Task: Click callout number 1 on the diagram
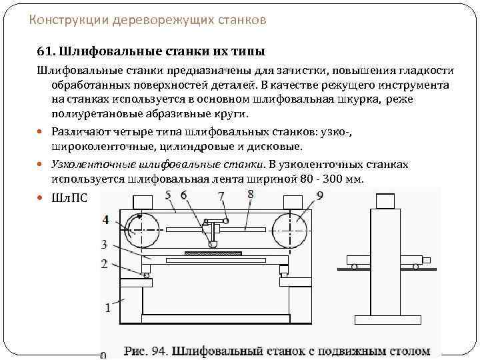tap(107, 307)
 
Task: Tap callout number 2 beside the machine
tap(105, 264)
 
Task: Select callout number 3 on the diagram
tap(105, 243)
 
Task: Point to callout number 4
tap(106, 219)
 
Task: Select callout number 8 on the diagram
tap(250, 194)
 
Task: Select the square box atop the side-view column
tap(384, 201)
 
